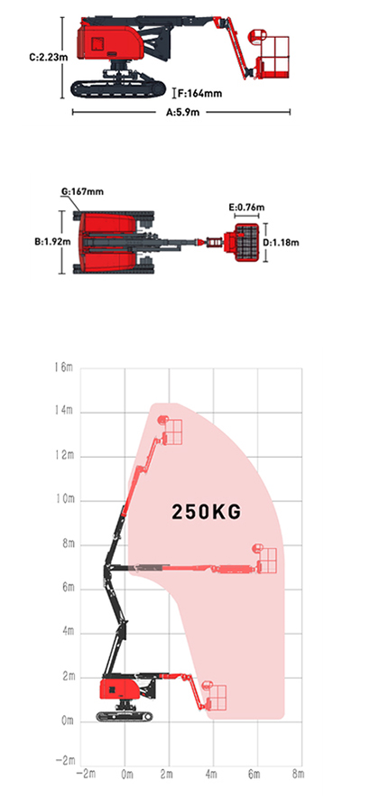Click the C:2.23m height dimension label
tap(48, 57)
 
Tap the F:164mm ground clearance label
tap(199, 93)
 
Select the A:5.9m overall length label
tap(182, 113)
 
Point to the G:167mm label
tap(82, 191)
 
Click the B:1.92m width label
tap(52, 242)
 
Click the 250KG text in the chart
tap(206, 512)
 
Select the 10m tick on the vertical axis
tap(64, 500)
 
